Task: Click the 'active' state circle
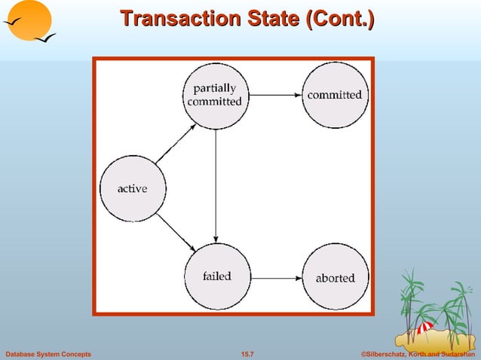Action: click(133, 188)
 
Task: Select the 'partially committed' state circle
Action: click(216, 96)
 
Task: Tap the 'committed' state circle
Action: click(335, 95)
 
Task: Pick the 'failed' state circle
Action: click(216, 276)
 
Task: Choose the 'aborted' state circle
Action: click(335, 277)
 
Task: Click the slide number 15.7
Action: click(247, 354)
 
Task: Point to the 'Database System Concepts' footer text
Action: click(48, 354)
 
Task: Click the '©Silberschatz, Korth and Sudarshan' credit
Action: click(418, 354)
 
